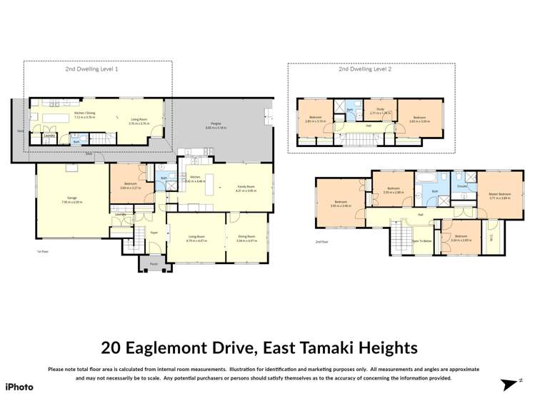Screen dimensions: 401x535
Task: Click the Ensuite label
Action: click(x=462, y=186)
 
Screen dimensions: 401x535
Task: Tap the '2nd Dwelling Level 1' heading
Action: click(x=92, y=69)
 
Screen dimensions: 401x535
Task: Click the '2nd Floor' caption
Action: click(x=321, y=242)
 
